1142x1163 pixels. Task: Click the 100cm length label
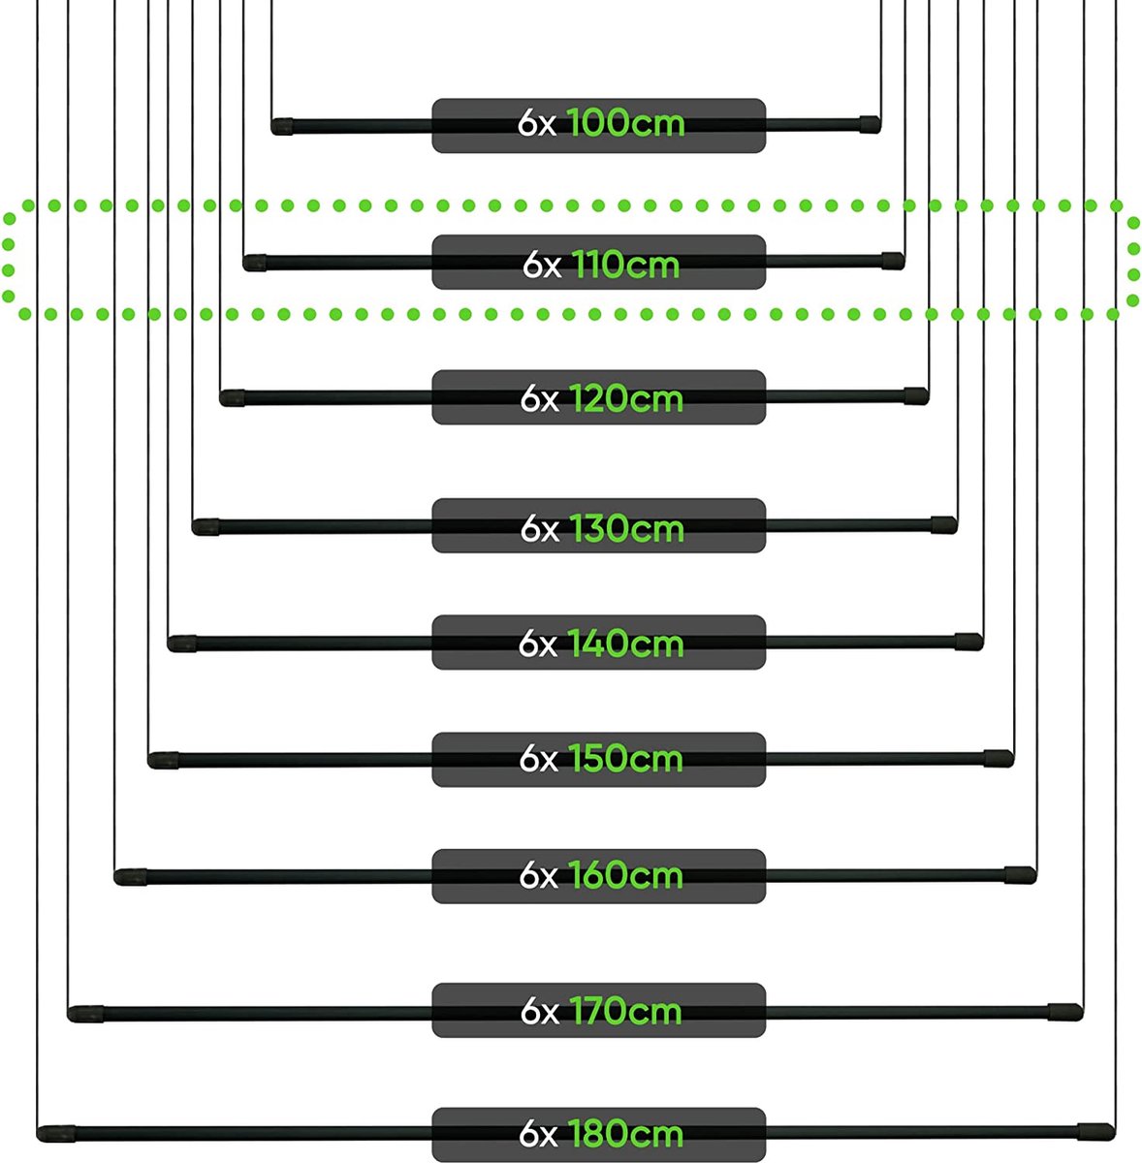point(625,124)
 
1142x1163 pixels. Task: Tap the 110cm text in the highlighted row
point(625,265)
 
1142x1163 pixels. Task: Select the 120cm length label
point(626,399)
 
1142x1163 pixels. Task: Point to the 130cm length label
point(626,528)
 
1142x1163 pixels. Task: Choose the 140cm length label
point(625,644)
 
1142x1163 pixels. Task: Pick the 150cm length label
point(625,759)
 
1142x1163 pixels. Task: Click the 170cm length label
point(625,1011)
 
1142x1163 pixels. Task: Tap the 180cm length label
point(625,1133)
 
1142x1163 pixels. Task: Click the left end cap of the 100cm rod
point(282,127)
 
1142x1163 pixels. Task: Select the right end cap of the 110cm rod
point(893,262)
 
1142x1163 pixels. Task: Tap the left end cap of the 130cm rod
point(206,527)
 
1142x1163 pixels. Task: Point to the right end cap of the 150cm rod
point(999,759)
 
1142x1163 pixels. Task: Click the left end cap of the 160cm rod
point(131,877)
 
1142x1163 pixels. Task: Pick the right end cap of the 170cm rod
point(1065,1012)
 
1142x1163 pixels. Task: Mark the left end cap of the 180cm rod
point(56,1134)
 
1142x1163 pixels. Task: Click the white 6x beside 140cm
point(538,644)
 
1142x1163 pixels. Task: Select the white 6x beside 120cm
point(540,399)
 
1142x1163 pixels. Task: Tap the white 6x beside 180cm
point(538,1133)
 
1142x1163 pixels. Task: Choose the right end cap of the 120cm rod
point(916,396)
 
